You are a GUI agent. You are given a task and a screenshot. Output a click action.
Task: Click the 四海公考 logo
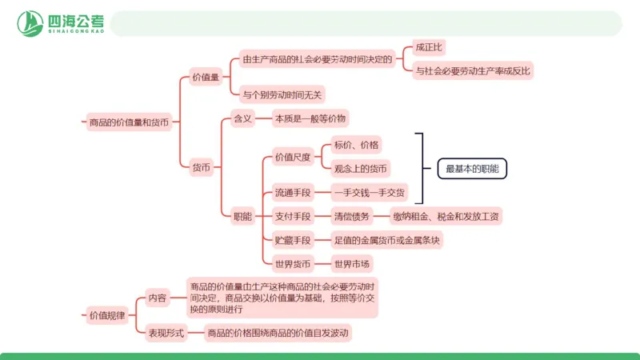click(x=63, y=23)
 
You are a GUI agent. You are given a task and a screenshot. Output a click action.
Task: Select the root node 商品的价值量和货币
click(x=128, y=122)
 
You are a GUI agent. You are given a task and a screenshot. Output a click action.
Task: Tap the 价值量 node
click(x=206, y=78)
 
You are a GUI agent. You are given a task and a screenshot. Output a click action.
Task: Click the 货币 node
click(x=202, y=167)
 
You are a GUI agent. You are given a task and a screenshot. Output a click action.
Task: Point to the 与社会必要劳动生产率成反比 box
click(x=474, y=70)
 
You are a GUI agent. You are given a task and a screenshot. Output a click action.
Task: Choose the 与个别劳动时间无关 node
click(x=282, y=94)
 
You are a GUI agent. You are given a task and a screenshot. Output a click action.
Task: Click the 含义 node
click(x=242, y=118)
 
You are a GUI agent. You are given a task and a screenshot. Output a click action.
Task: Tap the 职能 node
click(x=242, y=216)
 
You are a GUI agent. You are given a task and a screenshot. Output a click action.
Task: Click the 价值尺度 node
click(x=292, y=156)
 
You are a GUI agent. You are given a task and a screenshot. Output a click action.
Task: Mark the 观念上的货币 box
click(x=362, y=168)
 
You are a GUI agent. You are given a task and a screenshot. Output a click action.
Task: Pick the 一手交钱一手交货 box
click(x=370, y=192)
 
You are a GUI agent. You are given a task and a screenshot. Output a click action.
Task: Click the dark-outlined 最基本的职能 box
click(x=472, y=168)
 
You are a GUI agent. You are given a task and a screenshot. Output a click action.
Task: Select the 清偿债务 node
click(x=352, y=216)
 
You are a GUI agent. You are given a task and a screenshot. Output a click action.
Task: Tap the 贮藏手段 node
click(x=292, y=239)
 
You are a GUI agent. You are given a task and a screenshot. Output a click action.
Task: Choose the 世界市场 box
click(x=353, y=263)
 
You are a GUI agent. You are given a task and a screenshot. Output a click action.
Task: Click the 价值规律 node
click(x=106, y=315)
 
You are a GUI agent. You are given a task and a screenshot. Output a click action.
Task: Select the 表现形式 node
click(x=164, y=333)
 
